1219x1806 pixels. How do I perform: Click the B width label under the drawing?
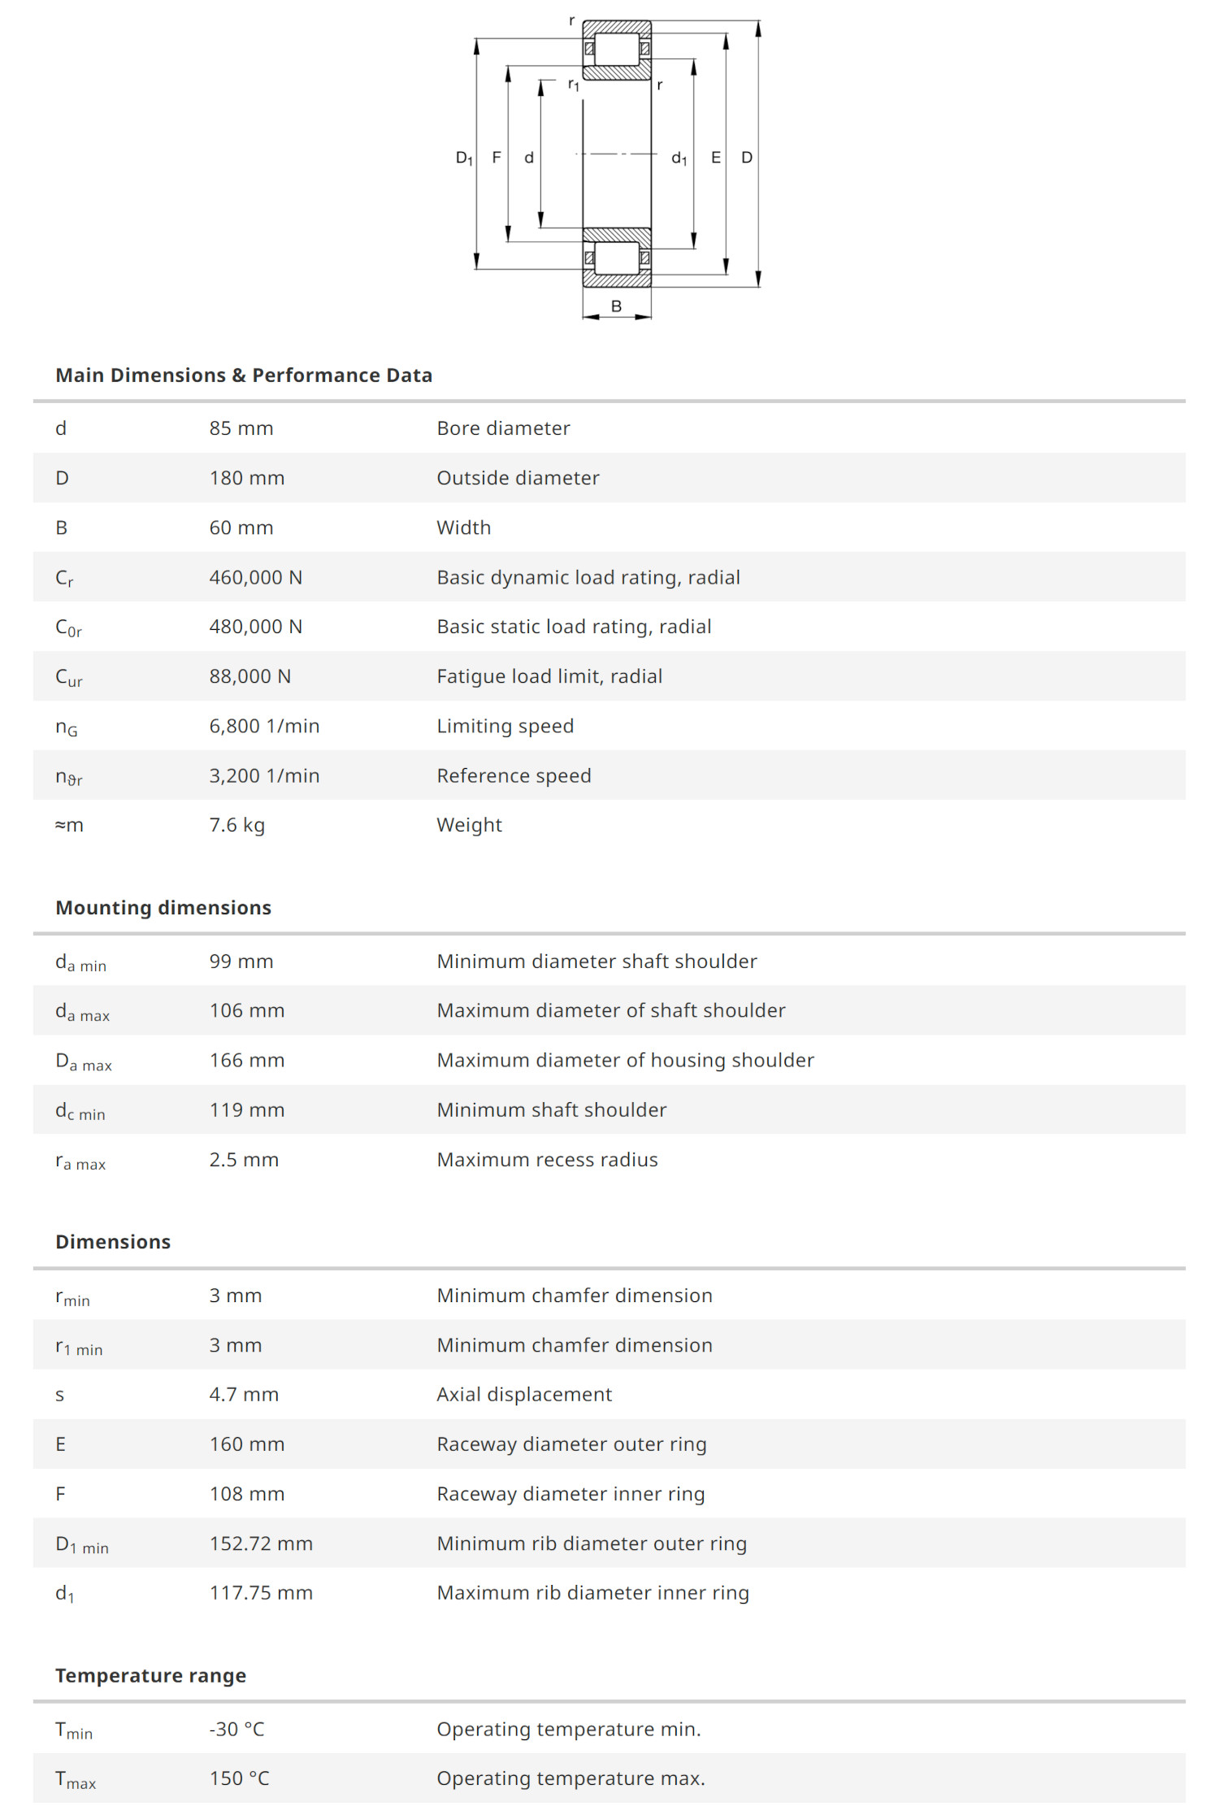616,306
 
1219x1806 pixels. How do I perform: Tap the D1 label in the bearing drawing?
464,158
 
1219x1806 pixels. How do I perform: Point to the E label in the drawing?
715,158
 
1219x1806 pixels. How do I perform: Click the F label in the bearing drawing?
497,158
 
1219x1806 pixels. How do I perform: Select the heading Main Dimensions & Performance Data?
244,376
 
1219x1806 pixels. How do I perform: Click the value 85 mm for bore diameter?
241,428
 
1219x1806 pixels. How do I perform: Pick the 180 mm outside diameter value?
247,478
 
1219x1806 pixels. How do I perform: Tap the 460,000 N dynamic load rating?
256,577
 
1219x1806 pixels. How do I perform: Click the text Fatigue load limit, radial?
549,676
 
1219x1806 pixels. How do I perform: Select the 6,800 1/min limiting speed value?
264,726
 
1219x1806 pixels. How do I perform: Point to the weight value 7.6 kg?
237,825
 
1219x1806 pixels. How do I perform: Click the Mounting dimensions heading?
163,908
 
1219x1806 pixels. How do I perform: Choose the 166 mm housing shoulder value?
247,1060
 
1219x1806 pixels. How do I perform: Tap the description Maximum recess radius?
547,1160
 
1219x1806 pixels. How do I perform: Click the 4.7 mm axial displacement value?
244,1395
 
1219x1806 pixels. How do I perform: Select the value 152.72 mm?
261,1543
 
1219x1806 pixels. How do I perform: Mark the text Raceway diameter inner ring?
570,1494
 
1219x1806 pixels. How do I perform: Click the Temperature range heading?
150,1676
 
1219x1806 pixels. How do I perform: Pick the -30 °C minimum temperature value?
237,1729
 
